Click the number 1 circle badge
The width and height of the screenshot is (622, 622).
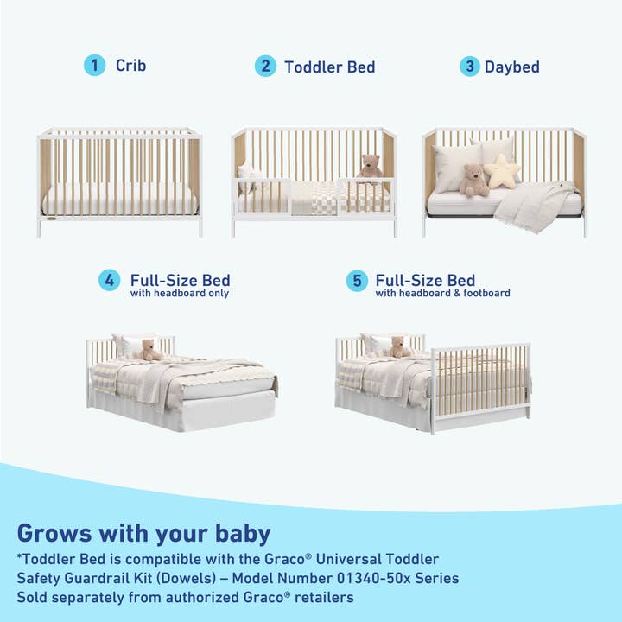click(93, 66)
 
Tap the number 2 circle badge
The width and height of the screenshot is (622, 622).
click(265, 67)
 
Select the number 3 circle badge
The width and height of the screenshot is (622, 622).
click(469, 67)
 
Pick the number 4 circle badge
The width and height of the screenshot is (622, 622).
click(109, 281)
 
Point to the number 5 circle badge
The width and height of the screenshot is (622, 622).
click(357, 281)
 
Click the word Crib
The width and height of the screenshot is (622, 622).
click(131, 66)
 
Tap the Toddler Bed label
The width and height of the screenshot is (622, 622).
click(330, 67)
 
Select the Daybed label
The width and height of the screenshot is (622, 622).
click(512, 67)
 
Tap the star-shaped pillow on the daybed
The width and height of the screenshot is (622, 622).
click(503, 171)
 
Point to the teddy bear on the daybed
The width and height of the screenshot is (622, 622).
click(473, 180)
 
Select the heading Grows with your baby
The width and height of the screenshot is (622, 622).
click(143, 532)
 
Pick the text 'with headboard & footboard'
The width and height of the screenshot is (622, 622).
click(442, 294)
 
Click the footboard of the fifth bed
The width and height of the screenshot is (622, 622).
click(480, 384)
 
